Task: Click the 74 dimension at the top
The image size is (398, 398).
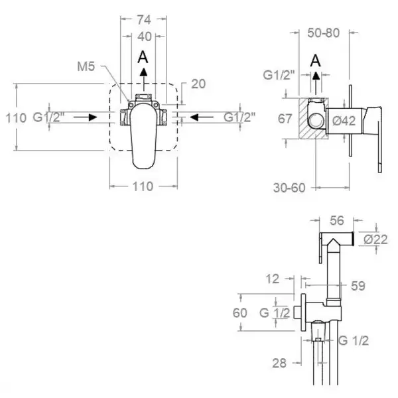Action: [144, 20]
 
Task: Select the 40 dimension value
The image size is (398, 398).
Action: [145, 36]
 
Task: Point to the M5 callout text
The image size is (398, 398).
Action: [86, 66]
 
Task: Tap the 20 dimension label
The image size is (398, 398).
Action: [198, 84]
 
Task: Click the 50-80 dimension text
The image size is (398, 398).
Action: [324, 33]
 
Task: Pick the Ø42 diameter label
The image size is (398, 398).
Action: [344, 121]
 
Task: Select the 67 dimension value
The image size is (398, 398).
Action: [285, 119]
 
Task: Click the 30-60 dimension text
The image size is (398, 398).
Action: [289, 188]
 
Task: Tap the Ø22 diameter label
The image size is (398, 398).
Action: [375, 239]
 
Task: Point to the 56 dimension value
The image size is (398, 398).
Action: [337, 221]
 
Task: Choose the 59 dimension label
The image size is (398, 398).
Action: [358, 286]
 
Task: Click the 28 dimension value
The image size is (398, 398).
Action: [279, 364]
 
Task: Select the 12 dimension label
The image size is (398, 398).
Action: [273, 279]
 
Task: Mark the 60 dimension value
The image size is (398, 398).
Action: [240, 313]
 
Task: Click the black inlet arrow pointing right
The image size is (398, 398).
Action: [86, 117]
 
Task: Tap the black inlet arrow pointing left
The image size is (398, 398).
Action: [202, 117]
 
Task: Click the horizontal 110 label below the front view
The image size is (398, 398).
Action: [143, 186]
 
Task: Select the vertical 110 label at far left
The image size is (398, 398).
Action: [16, 118]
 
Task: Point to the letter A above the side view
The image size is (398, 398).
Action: [316, 60]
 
